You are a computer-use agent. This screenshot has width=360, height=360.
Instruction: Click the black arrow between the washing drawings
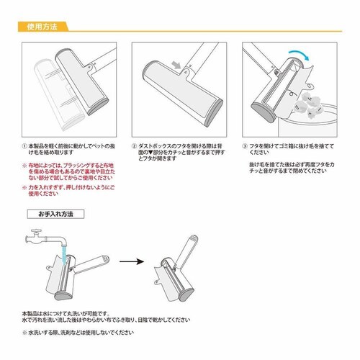[x=132, y=264]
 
